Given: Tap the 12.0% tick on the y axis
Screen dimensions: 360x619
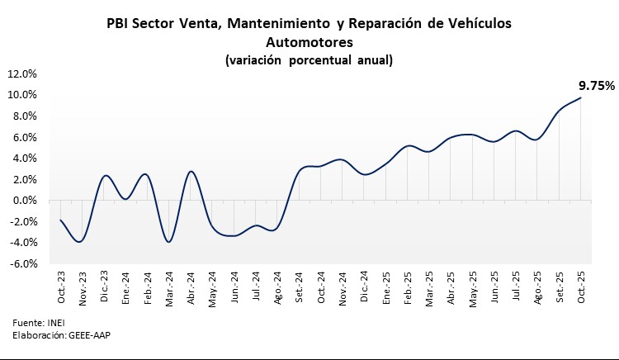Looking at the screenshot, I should coord(22,73).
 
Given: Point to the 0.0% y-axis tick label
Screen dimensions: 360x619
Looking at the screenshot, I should coord(24,201).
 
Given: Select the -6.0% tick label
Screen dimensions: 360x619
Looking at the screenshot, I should coord(22,264).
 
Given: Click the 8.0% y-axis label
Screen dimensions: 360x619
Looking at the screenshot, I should coord(24,116).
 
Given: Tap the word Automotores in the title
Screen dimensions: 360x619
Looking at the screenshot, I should coord(309,41).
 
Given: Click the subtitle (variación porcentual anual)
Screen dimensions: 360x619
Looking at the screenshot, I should coord(309,59).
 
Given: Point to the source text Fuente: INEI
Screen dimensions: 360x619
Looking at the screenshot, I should coord(38,322).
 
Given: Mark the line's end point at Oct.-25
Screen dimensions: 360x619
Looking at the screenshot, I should coord(580,97).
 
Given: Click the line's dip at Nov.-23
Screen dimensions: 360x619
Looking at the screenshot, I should coord(80,241).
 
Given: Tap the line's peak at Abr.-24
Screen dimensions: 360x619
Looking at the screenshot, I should coord(191,171).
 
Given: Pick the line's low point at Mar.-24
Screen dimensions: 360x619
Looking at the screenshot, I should coord(168,241).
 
